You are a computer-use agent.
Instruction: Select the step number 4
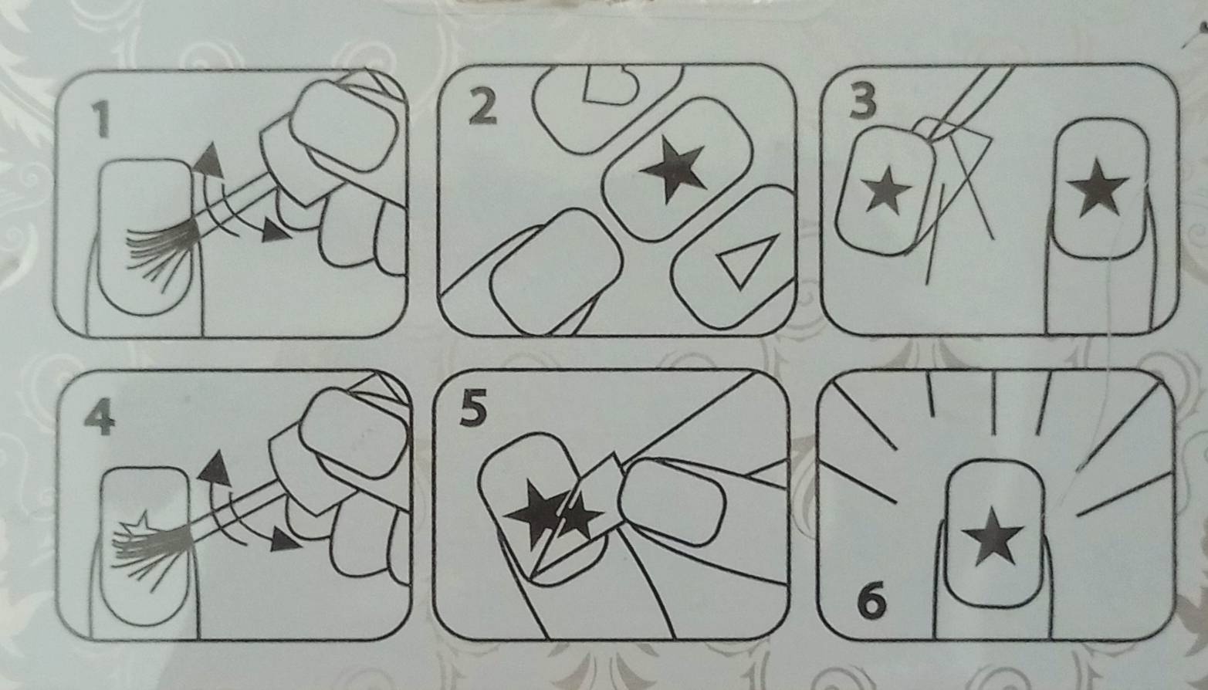click(x=100, y=418)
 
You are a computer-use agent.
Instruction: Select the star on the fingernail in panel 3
click(x=1098, y=188)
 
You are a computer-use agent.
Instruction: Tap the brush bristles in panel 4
click(x=151, y=550)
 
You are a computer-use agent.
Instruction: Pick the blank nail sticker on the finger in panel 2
click(x=557, y=271)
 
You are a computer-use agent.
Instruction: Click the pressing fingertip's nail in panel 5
click(x=672, y=501)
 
